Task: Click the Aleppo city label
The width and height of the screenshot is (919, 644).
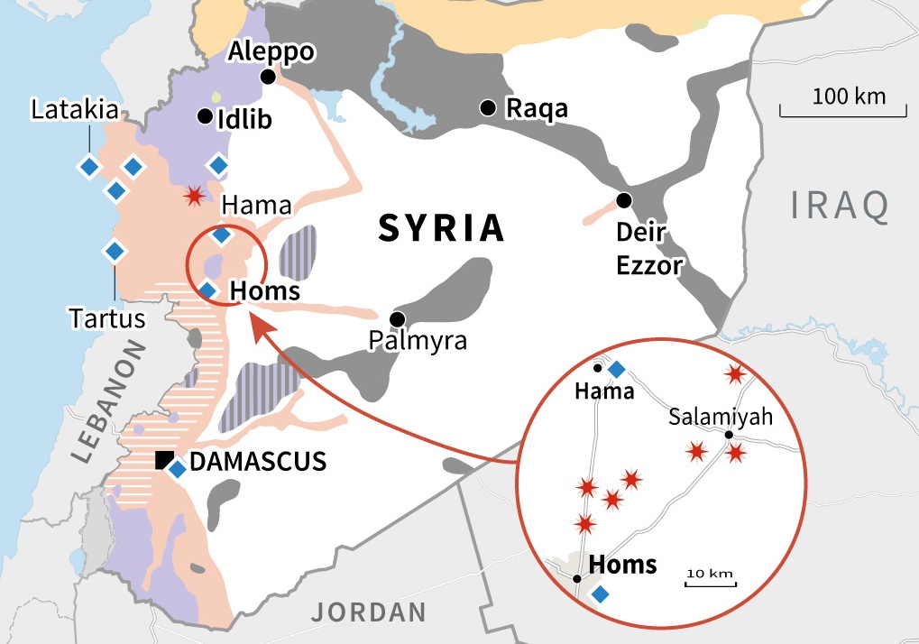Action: pos(271,51)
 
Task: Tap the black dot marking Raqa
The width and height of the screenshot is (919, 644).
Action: pos(488,107)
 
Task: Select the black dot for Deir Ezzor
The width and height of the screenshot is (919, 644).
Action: pos(623,199)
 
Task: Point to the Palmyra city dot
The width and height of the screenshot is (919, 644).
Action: pos(396,318)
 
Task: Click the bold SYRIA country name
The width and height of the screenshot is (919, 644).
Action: pos(441,228)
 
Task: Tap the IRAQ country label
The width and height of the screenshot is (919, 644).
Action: pos(840,206)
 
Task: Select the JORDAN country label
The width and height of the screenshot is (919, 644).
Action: pos(369,612)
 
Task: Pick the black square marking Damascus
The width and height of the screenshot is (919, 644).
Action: pos(163,459)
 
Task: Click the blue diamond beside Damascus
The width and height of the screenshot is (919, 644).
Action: pos(178,469)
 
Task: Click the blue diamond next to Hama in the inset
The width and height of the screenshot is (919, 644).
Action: pos(616,369)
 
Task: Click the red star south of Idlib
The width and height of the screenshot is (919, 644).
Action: pos(193,196)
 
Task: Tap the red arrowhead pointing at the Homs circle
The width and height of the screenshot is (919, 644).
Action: pos(257,327)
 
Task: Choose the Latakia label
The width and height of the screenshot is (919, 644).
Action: pos(75,111)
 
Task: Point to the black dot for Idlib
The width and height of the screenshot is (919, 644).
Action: pos(205,116)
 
